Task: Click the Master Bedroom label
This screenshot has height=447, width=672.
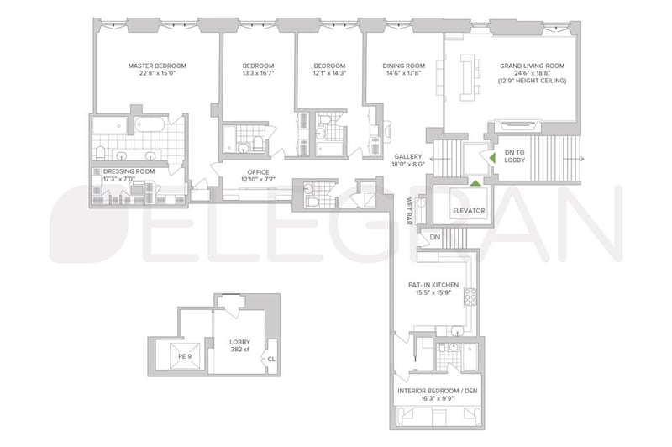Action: click(x=157, y=66)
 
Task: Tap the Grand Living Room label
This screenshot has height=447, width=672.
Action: click(x=532, y=66)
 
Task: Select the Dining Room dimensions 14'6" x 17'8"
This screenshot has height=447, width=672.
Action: click(x=404, y=73)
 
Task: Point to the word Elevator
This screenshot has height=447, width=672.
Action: click(x=469, y=211)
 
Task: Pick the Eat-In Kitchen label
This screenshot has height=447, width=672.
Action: click(x=433, y=285)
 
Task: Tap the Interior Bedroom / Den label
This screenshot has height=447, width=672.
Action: click(x=437, y=391)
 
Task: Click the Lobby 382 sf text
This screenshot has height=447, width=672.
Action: click(x=239, y=346)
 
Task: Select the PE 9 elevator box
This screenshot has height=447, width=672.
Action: click(x=185, y=355)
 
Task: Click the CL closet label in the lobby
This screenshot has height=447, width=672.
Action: click(x=271, y=359)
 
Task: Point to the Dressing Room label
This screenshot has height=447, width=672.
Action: click(x=129, y=171)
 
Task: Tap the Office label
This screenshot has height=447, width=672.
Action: click(x=258, y=172)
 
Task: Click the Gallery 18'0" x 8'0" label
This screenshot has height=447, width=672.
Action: click(x=408, y=160)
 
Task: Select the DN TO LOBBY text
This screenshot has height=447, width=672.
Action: click(x=514, y=156)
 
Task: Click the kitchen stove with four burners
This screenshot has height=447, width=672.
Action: click(x=470, y=297)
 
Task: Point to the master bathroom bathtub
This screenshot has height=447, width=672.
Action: click(x=150, y=124)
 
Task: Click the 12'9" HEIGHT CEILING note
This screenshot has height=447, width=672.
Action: click(x=532, y=81)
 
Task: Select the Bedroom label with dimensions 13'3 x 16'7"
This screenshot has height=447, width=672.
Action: click(x=258, y=70)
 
